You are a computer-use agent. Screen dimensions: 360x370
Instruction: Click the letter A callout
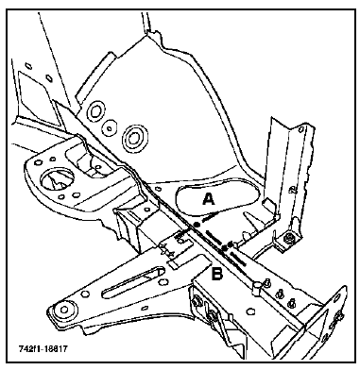pos(209,199)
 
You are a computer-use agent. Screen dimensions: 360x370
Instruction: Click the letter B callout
pos(217,273)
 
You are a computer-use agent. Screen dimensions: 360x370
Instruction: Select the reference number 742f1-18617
pos(43,349)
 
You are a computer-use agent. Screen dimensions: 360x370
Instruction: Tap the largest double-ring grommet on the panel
pos(133,137)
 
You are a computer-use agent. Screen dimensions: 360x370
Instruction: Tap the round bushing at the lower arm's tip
pos(63,310)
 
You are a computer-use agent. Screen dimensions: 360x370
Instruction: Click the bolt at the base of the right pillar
pos(288,238)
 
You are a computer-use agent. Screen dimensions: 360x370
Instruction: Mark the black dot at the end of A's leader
pos(196,225)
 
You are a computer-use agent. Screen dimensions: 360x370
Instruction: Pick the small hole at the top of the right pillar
pos(301,128)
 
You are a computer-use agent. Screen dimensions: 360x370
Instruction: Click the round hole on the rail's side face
pos(250,311)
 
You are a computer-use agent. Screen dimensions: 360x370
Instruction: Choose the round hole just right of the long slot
pos(163,280)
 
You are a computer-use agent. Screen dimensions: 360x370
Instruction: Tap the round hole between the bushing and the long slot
pos(84,294)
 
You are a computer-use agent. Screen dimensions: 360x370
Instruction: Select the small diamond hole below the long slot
pos(145,308)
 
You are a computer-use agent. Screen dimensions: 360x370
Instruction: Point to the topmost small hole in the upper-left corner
pos(29,66)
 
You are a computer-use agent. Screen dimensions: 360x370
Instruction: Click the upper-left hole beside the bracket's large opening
pos(38,162)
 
